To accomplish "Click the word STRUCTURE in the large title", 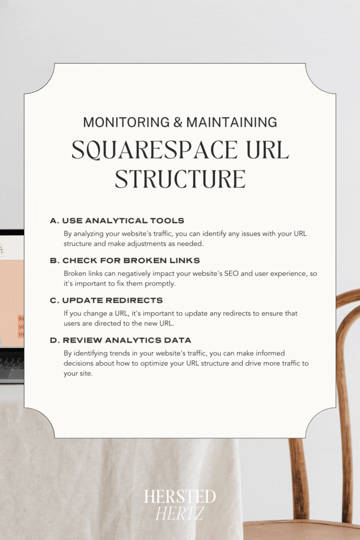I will (x=180, y=180).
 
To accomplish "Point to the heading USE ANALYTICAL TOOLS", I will (x=123, y=220).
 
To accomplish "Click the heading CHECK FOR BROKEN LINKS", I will (x=131, y=261).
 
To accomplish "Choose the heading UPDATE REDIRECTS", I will (x=112, y=300).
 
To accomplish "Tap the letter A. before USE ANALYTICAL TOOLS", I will (x=55, y=220).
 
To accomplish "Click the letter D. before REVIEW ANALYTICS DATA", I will (x=55, y=340).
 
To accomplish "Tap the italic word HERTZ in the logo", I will (x=180, y=513).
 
